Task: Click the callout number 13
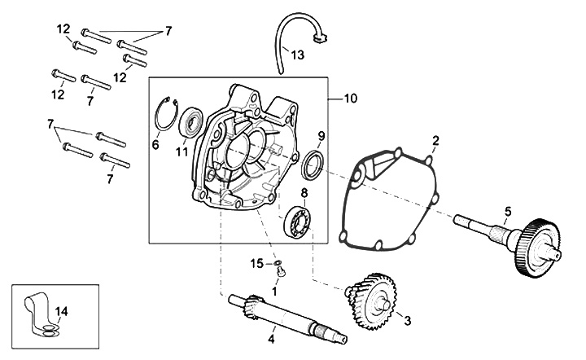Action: pyautogui.click(x=298, y=55)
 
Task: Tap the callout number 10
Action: pyautogui.click(x=351, y=99)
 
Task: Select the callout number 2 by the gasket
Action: pyautogui.click(x=436, y=141)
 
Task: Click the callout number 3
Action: pyautogui.click(x=408, y=320)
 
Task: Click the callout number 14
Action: pyautogui.click(x=60, y=310)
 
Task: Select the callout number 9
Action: pyautogui.click(x=321, y=135)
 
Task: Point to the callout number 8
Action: pyautogui.click(x=304, y=194)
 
